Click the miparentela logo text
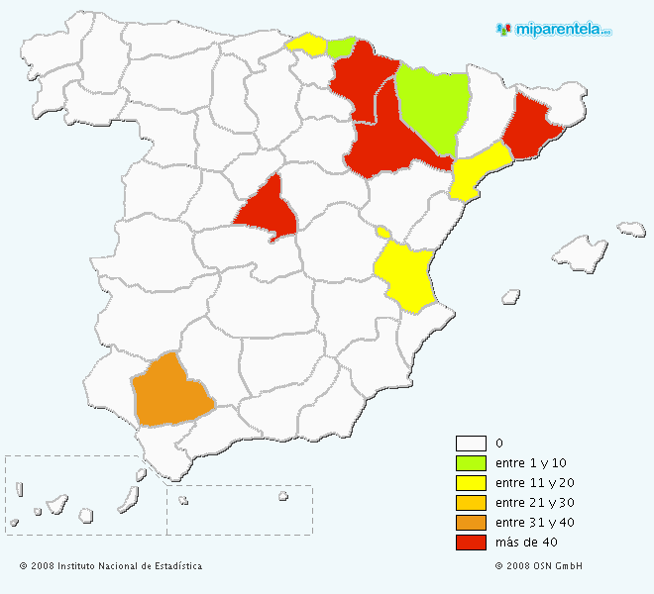coord(562,30)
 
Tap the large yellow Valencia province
coord(404,274)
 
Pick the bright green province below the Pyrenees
coord(433,106)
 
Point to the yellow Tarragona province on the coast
coord(479,170)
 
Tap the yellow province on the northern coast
coord(307,45)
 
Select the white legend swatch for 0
coord(471,444)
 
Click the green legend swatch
coord(471,463)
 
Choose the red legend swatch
coord(471,543)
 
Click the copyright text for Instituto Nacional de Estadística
coord(111,566)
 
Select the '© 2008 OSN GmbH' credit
coord(539,566)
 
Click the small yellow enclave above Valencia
coord(382,233)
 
